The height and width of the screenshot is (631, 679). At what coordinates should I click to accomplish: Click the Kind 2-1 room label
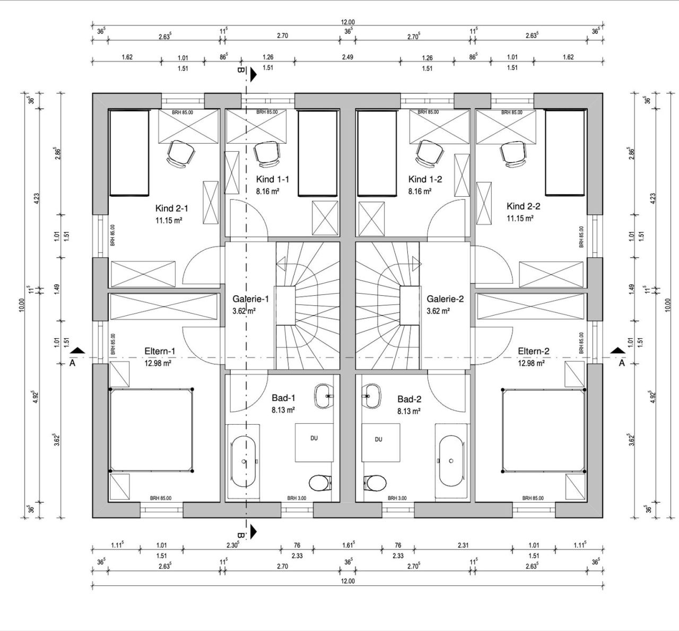tap(171, 208)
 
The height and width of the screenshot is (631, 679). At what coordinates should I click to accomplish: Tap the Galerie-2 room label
tap(445, 299)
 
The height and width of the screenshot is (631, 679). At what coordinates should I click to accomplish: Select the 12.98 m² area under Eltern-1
tap(160, 363)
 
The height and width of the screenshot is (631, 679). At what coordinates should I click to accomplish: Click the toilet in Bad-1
tap(319, 483)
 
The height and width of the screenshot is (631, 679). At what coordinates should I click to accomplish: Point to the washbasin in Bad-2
tap(373, 395)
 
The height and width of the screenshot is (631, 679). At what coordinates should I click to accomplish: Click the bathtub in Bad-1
tap(244, 461)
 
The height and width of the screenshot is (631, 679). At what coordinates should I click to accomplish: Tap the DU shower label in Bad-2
tap(378, 440)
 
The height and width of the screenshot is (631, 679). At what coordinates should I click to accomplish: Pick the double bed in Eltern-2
tap(543, 430)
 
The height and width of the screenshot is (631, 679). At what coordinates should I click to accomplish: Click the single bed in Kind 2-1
tap(128, 153)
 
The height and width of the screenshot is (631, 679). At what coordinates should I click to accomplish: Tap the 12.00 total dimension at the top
tap(347, 22)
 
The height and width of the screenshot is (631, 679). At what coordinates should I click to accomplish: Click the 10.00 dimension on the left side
tap(22, 305)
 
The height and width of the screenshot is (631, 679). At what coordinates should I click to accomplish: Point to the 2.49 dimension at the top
tap(347, 57)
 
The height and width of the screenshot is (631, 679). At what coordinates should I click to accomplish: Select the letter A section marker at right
tap(622, 363)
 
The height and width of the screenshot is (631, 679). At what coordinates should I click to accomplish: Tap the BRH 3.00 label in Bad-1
tap(296, 498)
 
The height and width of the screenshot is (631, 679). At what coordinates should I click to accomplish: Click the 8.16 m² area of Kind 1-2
tap(419, 191)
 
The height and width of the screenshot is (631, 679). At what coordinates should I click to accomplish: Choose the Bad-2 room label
tap(409, 398)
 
